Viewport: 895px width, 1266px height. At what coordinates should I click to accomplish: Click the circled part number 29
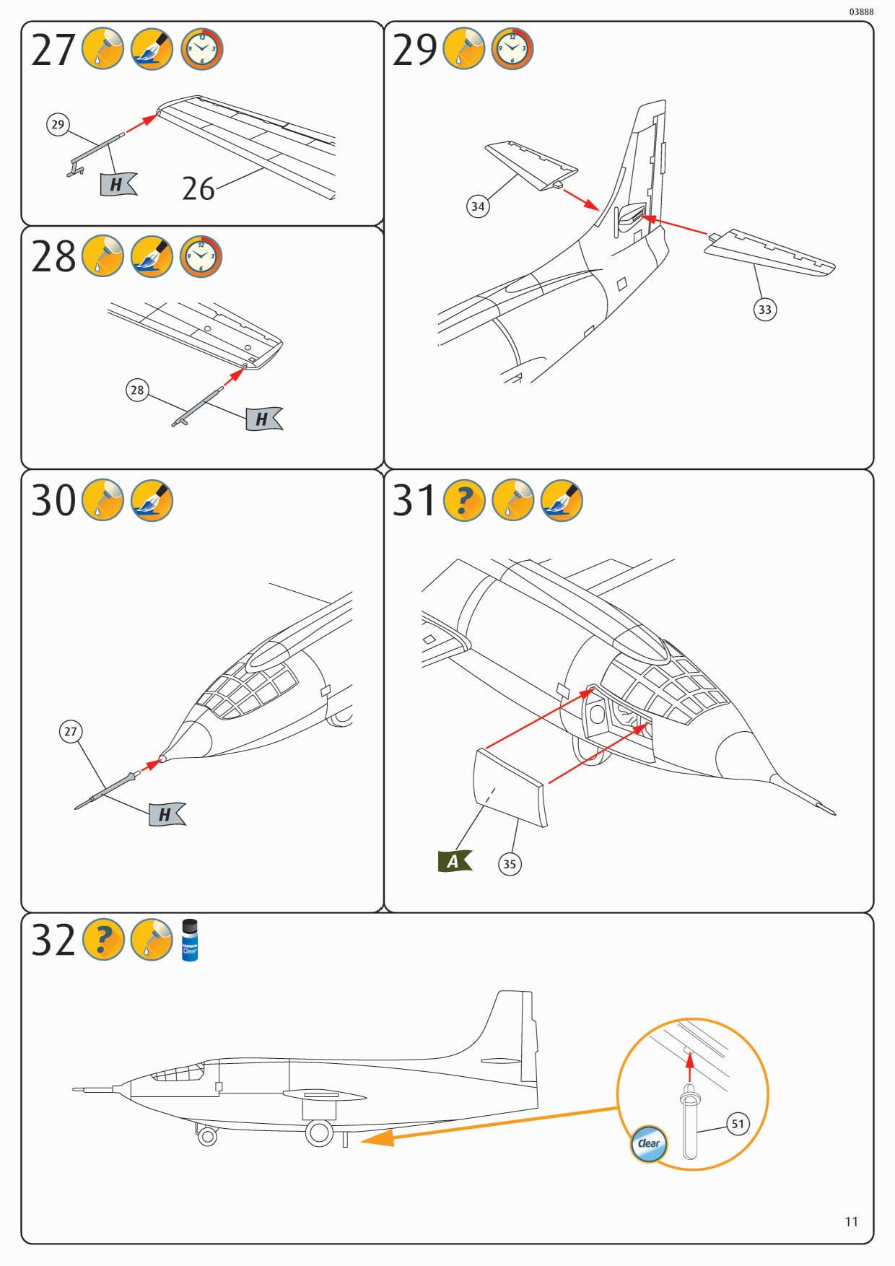[58, 124]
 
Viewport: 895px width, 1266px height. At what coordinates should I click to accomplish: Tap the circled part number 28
[136, 390]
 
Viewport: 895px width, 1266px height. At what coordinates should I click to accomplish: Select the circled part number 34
[478, 206]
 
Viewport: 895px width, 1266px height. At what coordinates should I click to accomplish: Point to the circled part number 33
[764, 310]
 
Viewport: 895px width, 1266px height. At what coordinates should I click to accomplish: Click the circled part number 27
[70, 731]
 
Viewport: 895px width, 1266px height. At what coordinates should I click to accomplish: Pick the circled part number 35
[510, 864]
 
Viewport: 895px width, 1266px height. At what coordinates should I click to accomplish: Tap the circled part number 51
[737, 1124]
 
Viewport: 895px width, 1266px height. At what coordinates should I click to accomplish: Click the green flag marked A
[454, 860]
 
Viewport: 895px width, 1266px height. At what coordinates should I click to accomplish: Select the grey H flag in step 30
[166, 814]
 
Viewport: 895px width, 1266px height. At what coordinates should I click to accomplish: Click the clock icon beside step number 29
[512, 49]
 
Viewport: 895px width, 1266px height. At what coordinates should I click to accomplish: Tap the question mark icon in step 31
[463, 499]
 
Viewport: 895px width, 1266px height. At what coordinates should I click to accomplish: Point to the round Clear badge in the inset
[649, 1143]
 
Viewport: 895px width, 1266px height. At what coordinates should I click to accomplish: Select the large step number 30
[53, 500]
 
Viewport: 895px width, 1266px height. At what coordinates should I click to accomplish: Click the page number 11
[851, 1221]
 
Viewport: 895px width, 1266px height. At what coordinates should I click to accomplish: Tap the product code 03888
[861, 12]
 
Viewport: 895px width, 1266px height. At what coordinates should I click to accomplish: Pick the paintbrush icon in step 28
[152, 256]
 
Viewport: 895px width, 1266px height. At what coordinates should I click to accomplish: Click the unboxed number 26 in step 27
[198, 189]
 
